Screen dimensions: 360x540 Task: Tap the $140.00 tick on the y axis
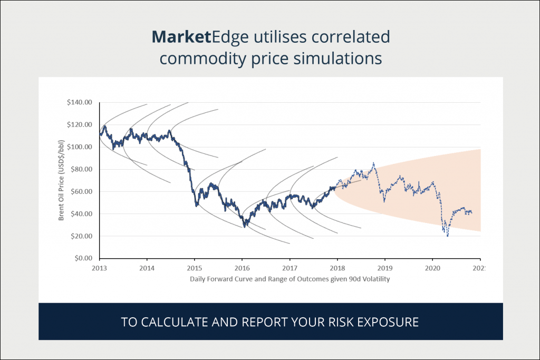(x=80, y=102)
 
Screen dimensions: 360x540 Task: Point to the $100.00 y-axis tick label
(x=80, y=147)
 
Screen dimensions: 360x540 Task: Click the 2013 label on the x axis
(x=99, y=268)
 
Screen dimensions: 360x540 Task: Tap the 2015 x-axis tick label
(x=195, y=268)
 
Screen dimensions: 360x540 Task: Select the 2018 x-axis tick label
(x=337, y=268)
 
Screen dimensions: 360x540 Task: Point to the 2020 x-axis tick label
(x=432, y=268)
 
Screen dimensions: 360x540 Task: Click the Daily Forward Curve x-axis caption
(x=290, y=279)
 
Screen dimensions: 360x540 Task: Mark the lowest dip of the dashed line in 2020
(x=448, y=236)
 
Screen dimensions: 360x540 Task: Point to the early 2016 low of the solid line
(x=245, y=227)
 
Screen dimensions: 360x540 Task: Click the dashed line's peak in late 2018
(x=373, y=163)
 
